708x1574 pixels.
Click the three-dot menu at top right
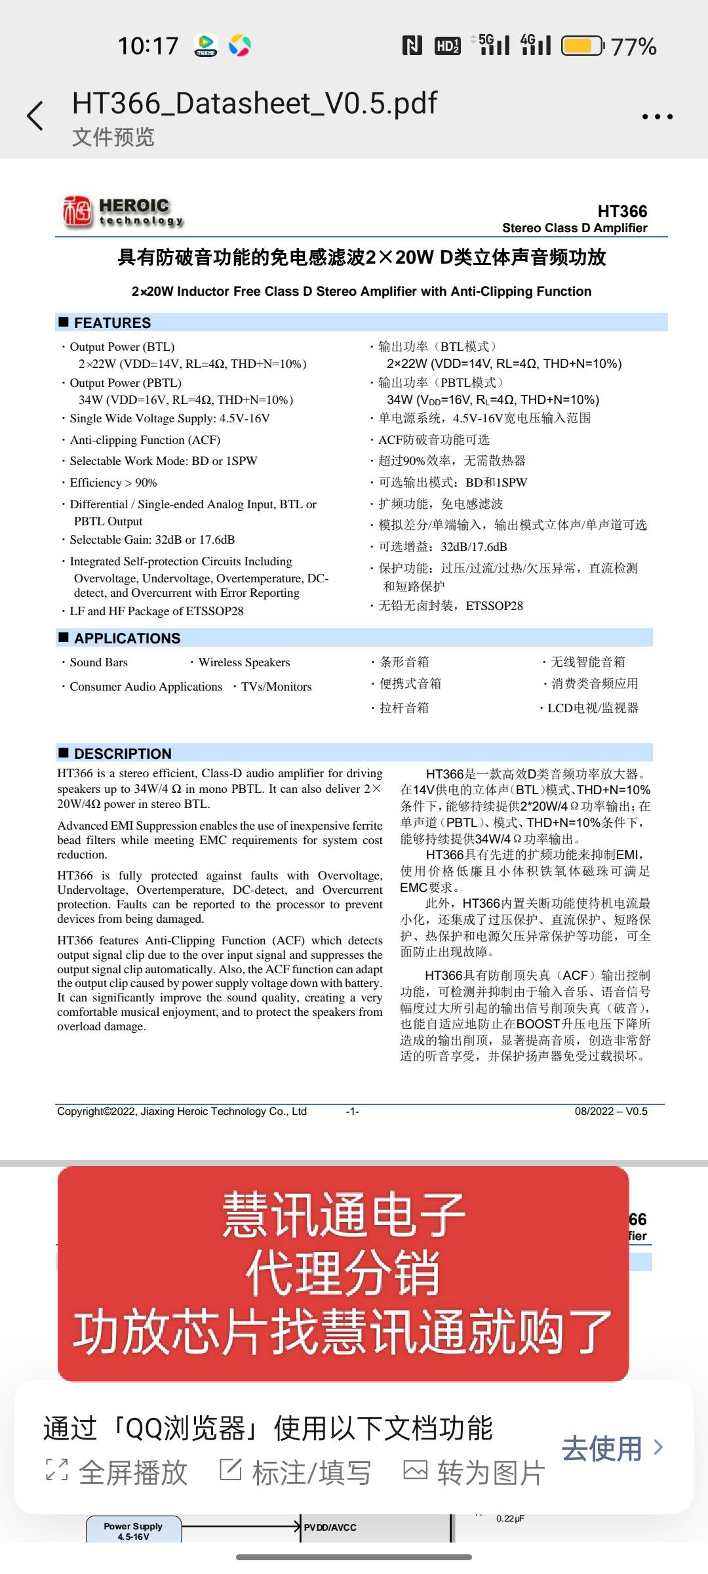[657, 117]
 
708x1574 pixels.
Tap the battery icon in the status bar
[583, 46]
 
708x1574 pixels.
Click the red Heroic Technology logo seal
[77, 211]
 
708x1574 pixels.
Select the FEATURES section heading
[112, 323]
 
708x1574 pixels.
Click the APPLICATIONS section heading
[127, 638]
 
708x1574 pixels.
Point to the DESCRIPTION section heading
[123, 754]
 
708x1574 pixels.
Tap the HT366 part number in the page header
[622, 211]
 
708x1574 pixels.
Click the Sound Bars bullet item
[98, 662]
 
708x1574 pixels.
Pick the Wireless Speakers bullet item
[244, 662]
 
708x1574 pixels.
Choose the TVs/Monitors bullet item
[276, 687]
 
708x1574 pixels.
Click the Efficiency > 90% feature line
[113, 483]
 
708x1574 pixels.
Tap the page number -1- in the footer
[353, 1111]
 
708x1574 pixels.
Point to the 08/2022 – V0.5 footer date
[611, 1111]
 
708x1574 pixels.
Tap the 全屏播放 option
[118, 1472]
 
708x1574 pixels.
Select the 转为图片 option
[475, 1472]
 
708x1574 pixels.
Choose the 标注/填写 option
[296, 1472]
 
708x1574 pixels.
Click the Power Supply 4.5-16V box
[133, 1531]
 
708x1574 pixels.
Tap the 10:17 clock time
[148, 46]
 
